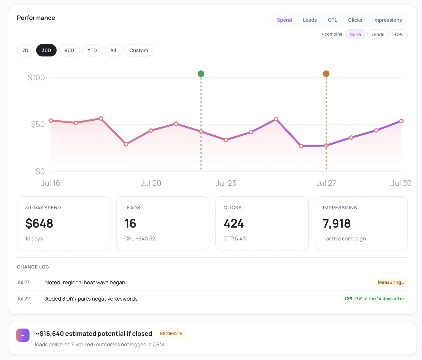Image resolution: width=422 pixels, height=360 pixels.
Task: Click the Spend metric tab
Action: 284,20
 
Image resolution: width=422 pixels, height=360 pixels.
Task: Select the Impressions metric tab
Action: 387,20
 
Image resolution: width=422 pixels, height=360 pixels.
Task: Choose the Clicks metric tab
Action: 355,20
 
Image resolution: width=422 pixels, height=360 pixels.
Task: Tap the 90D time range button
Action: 69,50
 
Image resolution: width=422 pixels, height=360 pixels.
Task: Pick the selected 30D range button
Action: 46,50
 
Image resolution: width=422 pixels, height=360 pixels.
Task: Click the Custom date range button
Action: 139,50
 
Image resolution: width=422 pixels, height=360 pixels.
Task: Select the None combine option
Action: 355,34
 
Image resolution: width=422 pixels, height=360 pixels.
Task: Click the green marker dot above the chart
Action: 201,74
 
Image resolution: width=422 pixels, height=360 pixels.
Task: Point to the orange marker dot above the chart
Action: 326,74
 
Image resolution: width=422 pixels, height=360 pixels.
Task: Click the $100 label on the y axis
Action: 36,78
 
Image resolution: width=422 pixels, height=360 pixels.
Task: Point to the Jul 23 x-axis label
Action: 226,183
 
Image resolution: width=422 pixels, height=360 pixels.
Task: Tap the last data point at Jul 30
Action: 401,121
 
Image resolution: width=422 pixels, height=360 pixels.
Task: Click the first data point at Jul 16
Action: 51,121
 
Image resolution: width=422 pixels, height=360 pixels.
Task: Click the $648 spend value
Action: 39,224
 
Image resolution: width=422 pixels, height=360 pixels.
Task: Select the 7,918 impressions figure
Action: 337,224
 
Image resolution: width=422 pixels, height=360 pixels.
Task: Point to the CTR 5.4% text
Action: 235,239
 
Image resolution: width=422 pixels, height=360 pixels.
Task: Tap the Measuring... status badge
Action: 391,282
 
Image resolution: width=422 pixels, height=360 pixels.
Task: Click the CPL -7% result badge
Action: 374,299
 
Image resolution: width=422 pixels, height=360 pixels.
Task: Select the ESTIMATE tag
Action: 171,334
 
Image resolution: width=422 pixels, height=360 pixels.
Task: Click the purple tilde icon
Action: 23,335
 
